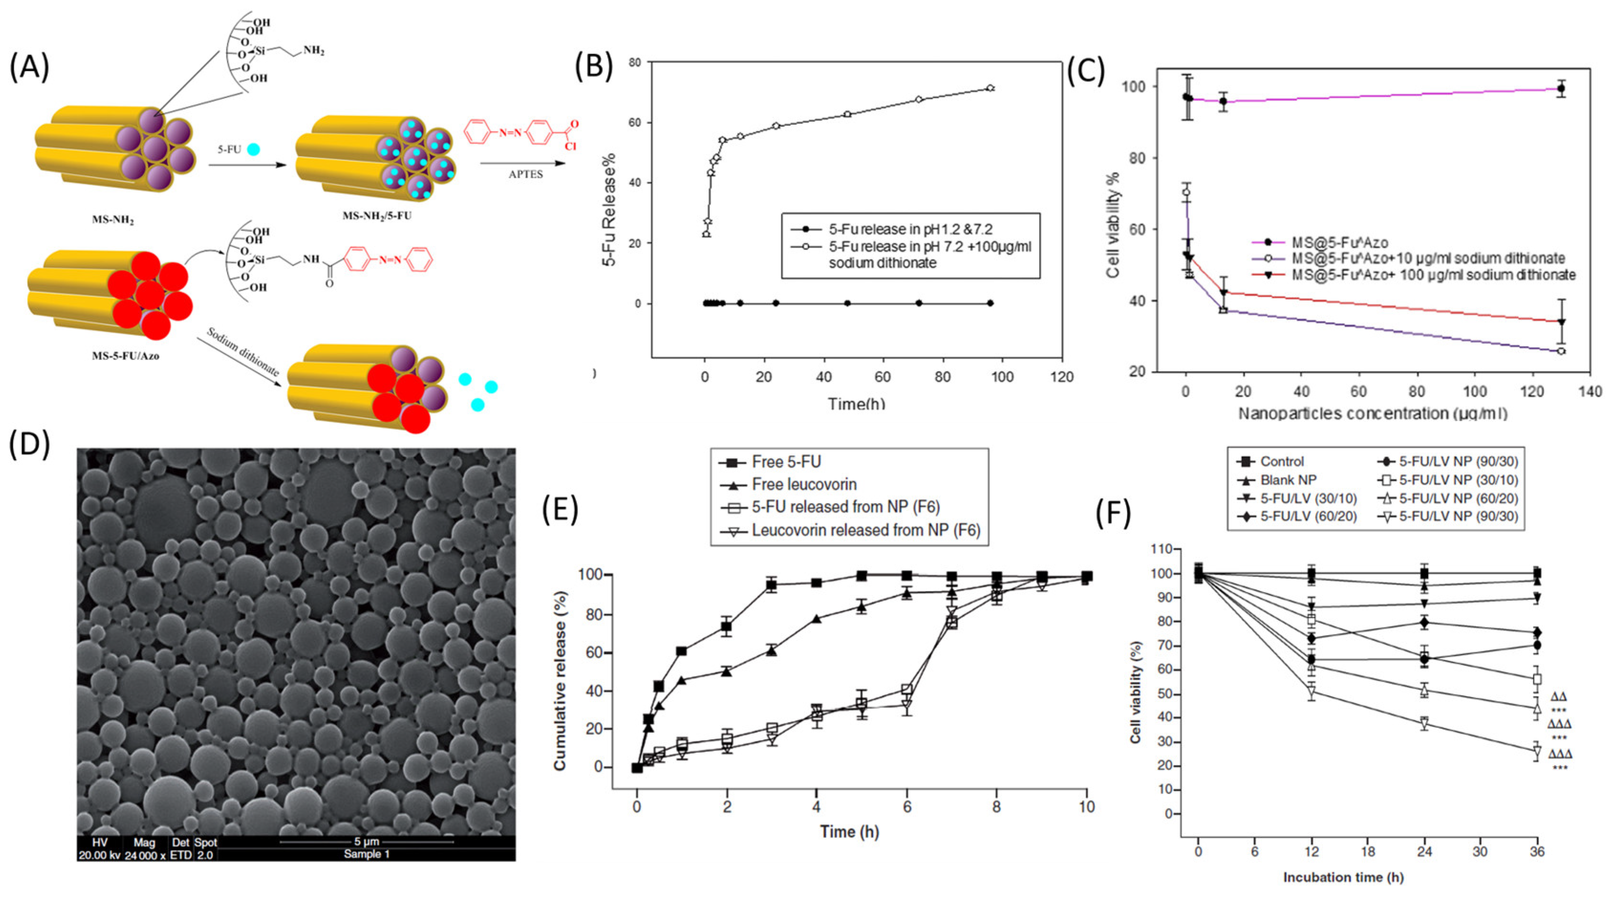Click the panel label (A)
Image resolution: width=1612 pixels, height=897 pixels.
[x=30, y=67]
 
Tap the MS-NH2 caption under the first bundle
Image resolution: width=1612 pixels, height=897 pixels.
[x=113, y=220]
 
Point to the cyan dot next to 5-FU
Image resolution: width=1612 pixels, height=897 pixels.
[x=254, y=150]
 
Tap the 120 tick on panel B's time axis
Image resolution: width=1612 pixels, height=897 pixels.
[x=1062, y=377]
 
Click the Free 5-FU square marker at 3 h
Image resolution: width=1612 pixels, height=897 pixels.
[x=771, y=585]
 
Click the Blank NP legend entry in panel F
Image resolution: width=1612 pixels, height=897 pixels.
[x=1288, y=480]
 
